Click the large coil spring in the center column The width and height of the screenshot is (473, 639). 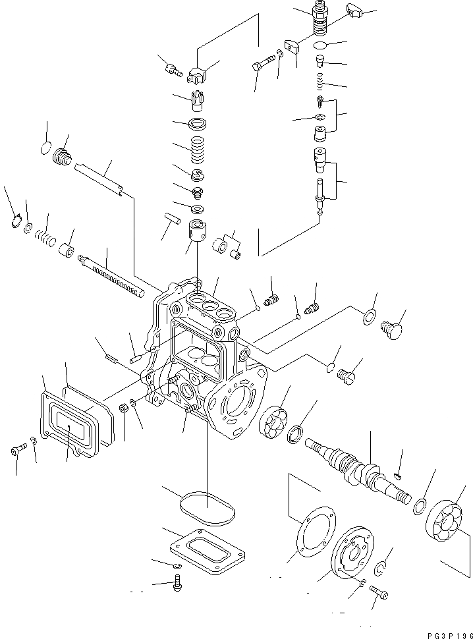[198, 151]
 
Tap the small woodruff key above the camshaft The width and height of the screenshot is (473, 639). [398, 475]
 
